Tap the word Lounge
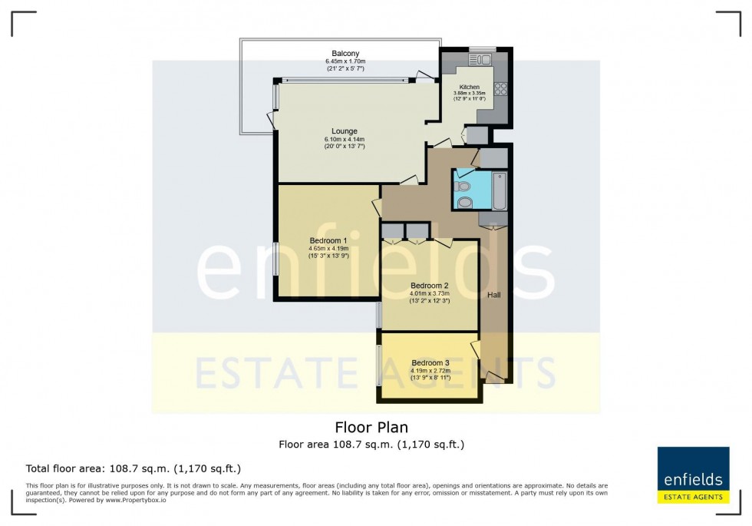[x=344, y=131]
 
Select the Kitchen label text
[x=470, y=87]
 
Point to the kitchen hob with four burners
[x=502, y=89]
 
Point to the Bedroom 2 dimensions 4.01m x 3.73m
[x=430, y=293]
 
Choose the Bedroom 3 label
[x=430, y=362]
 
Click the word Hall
[x=495, y=295]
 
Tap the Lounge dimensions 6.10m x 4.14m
[x=344, y=139]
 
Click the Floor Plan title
[x=371, y=427]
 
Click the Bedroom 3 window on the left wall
[x=377, y=366]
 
